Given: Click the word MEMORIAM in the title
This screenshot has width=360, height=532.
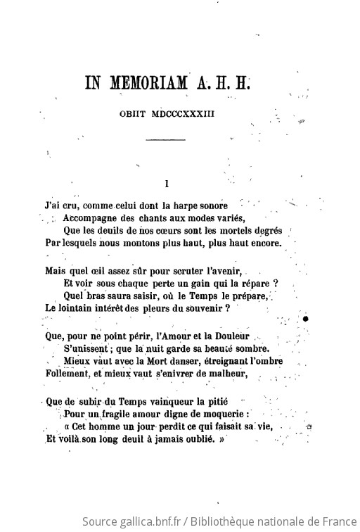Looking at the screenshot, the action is (x=148, y=83).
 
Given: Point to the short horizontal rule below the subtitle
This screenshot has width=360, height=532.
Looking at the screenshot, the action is (x=165, y=141).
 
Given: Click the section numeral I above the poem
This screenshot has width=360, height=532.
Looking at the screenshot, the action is (x=165, y=184).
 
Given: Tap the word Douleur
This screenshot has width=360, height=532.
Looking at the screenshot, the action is (x=229, y=336).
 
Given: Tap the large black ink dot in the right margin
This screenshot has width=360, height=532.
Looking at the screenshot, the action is (x=307, y=319).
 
